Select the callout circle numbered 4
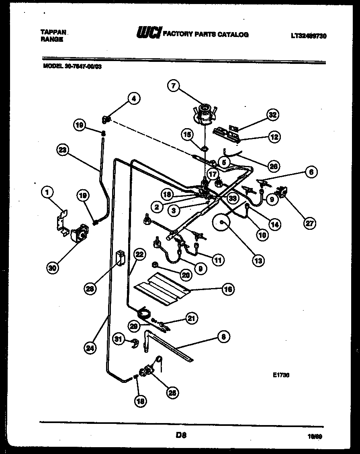(x=134, y=98)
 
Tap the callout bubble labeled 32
(x=273, y=115)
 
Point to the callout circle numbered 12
(x=274, y=137)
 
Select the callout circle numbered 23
(x=62, y=150)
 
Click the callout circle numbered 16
(x=228, y=289)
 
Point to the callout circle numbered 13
(x=258, y=260)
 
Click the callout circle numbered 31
(x=118, y=339)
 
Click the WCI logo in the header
(x=149, y=33)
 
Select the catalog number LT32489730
(x=308, y=36)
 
